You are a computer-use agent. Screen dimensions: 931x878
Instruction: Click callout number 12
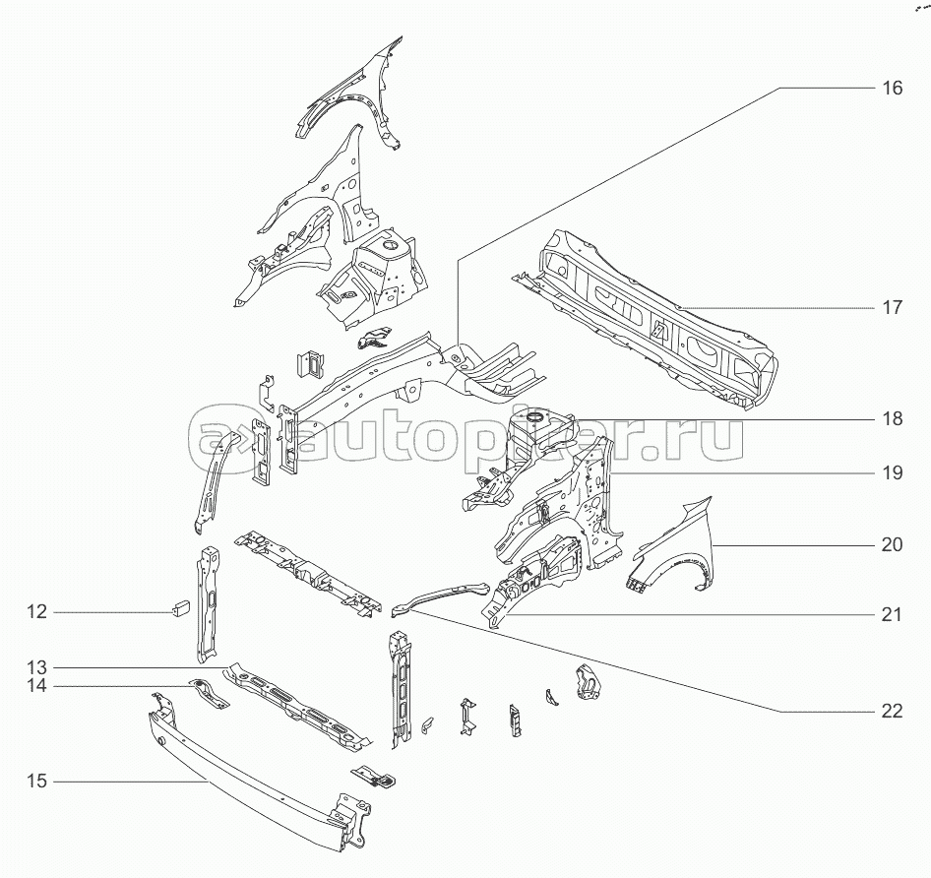pyautogui.click(x=36, y=611)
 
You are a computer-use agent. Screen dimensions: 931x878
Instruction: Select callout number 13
pyautogui.click(x=36, y=667)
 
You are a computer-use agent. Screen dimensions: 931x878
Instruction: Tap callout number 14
pyautogui.click(x=36, y=686)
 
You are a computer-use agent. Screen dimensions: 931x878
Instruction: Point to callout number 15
pyautogui.click(x=36, y=782)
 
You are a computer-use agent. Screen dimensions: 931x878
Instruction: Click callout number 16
pyautogui.click(x=892, y=88)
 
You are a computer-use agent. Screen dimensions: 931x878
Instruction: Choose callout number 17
pyautogui.click(x=892, y=308)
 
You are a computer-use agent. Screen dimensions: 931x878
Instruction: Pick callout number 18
pyautogui.click(x=892, y=418)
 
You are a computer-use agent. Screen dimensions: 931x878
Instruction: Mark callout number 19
pyautogui.click(x=892, y=472)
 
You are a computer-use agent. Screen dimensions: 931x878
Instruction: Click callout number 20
pyautogui.click(x=892, y=544)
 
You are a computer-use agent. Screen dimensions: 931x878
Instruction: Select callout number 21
pyautogui.click(x=892, y=615)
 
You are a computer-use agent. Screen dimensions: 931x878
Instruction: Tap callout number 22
pyautogui.click(x=892, y=711)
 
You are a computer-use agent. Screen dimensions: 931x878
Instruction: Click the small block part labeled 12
pyautogui.click(x=180, y=609)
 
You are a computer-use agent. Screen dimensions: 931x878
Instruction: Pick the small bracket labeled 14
pyautogui.click(x=208, y=694)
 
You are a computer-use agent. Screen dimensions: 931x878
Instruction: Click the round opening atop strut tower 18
pyautogui.click(x=535, y=416)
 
